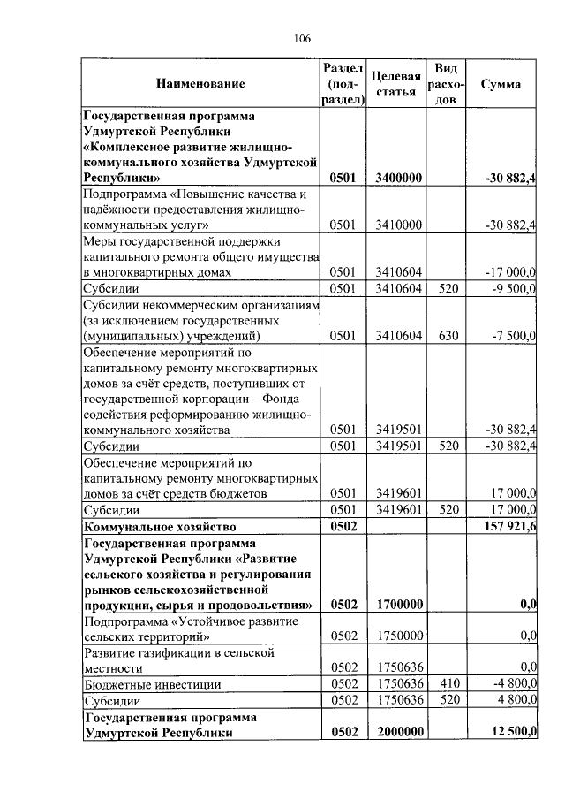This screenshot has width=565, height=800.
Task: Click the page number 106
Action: (301, 38)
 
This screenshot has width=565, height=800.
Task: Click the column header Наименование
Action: (200, 84)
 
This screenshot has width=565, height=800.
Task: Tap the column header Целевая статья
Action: (395, 84)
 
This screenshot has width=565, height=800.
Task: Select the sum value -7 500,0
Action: (511, 336)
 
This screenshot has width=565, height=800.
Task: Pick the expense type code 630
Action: (448, 336)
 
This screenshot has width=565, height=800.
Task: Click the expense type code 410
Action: (448, 684)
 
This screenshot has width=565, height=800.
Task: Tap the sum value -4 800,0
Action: (511, 684)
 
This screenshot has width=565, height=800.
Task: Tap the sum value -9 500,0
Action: (511, 288)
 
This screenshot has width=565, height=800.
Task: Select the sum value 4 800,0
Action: (513, 700)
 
